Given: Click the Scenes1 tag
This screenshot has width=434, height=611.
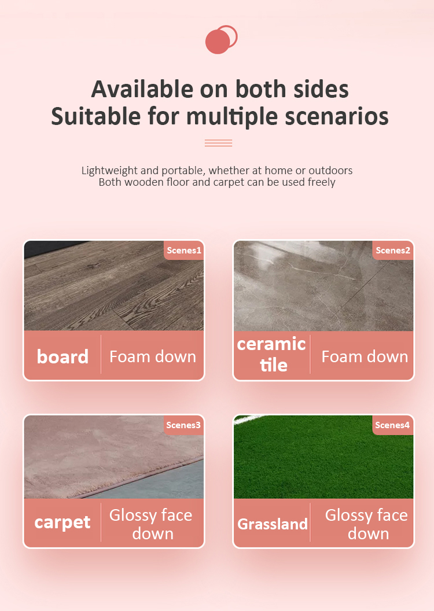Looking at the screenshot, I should tap(183, 251).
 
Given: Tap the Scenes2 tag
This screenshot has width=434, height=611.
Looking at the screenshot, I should tap(393, 251).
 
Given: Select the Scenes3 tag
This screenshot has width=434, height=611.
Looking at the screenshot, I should tap(183, 425).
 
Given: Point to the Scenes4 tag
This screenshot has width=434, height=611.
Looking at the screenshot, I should tap(392, 425).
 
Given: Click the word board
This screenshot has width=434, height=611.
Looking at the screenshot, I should tap(62, 356).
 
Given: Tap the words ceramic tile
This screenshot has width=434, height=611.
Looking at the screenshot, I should tap(271, 354).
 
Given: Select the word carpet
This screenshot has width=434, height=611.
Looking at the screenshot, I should tap(62, 522).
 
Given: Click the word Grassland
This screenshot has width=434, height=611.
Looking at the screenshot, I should tap(273, 524).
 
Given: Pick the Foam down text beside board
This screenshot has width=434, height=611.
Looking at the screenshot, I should tap(153, 356).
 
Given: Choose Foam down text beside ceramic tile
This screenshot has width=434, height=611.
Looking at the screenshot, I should tap(365, 356).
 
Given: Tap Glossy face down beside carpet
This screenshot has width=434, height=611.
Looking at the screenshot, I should tap(151, 524).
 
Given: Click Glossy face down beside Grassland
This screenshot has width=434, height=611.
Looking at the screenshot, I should tap(366, 524).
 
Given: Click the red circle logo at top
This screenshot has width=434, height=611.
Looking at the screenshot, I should tap(219, 40).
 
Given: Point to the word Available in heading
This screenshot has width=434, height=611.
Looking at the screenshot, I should tap(142, 89).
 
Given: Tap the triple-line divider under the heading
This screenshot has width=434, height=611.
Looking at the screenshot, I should tap(218, 143).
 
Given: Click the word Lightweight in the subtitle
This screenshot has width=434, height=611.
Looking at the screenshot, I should tap(109, 171).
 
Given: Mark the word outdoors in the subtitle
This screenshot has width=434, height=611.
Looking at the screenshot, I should tap(330, 171).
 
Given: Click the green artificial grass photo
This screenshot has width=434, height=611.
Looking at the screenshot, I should tap(323, 463).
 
